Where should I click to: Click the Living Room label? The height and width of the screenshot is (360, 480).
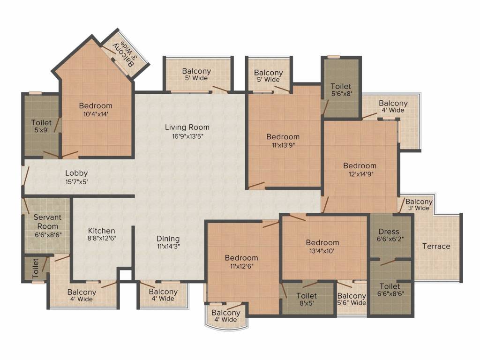[187, 127]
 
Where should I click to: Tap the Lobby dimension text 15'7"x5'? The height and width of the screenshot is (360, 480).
[76, 181]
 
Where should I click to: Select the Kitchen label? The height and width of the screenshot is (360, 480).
[101, 231]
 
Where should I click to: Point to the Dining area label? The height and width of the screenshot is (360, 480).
[168, 239]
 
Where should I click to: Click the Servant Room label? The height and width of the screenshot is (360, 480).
[47, 222]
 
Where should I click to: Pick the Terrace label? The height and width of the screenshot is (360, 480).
[436, 247]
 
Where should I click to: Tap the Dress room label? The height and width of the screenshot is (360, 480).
[389, 232]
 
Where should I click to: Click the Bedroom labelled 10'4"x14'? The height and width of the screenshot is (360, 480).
[96, 105]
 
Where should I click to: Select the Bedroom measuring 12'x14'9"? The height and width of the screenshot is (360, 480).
[360, 165]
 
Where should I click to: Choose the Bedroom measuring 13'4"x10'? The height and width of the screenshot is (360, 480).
[322, 242]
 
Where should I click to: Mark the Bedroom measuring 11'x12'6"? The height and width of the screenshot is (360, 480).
[241, 258]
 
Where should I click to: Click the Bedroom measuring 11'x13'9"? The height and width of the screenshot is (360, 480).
[283, 136]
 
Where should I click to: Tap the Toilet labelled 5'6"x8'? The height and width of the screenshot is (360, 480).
[341, 86]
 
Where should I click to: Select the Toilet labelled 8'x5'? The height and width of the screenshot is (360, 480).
[307, 296]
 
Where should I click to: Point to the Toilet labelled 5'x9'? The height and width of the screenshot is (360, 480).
[41, 122]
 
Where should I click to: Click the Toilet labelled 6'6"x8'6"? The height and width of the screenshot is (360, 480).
[390, 286]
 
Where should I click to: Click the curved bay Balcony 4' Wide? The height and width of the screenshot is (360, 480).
[225, 316]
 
